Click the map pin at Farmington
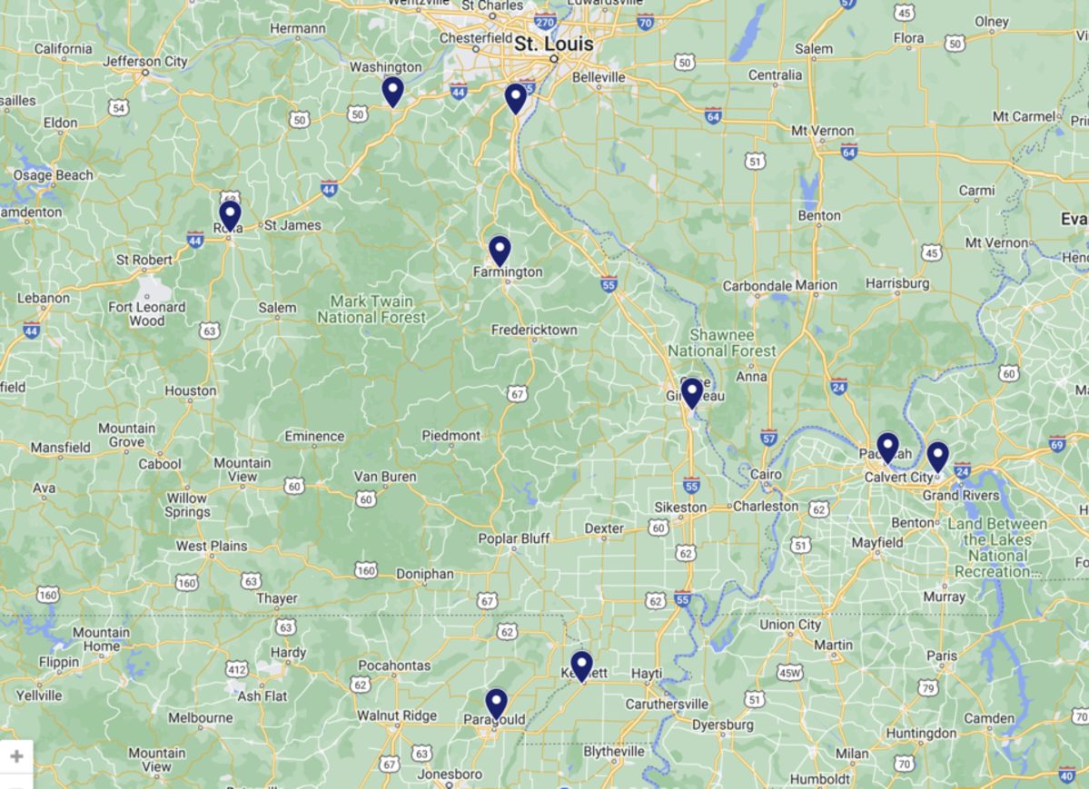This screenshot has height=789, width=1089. (x=500, y=250)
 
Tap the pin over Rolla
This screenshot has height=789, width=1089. (x=230, y=214)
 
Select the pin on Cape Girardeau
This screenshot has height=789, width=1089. (x=691, y=392)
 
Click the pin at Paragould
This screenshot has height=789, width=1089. (x=495, y=703)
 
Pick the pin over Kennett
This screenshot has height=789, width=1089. (x=581, y=666)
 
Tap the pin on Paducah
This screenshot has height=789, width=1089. (x=887, y=447)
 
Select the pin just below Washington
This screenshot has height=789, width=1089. (x=392, y=91)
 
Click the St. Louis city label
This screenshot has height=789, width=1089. (x=553, y=44)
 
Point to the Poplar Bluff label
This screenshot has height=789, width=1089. (x=514, y=538)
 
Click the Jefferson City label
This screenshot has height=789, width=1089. (x=145, y=62)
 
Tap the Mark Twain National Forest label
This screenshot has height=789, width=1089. (x=371, y=310)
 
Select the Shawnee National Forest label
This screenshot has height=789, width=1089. (x=722, y=343)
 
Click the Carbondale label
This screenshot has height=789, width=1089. (x=757, y=285)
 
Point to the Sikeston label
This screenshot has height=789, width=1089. (x=680, y=507)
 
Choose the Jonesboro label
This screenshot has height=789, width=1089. (x=450, y=774)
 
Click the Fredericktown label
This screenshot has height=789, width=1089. (x=534, y=330)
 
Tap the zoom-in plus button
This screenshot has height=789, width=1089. (x=16, y=756)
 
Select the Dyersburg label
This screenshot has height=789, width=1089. (x=722, y=725)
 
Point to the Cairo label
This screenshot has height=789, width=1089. (x=766, y=474)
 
